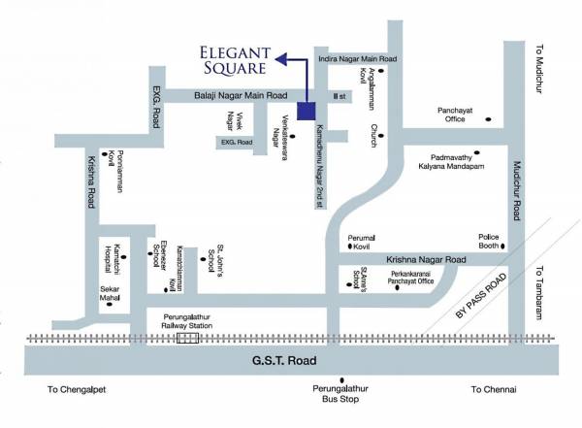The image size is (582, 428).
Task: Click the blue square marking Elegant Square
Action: [307, 111]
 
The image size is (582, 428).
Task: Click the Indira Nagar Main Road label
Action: [358, 59]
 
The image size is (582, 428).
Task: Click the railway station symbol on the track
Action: [185, 338]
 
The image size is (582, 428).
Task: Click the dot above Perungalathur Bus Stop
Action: [340, 379]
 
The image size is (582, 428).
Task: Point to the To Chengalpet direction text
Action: [76, 389]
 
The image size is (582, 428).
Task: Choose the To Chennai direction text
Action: [494, 389]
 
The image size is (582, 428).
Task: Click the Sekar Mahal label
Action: [110, 294]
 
